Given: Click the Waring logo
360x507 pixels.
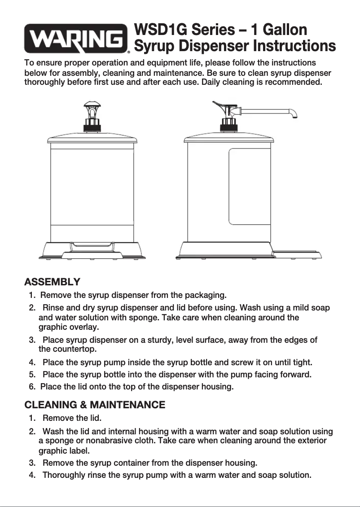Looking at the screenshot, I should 76,39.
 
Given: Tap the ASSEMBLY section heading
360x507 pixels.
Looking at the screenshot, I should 52,282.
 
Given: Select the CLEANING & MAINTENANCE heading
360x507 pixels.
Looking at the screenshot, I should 95,405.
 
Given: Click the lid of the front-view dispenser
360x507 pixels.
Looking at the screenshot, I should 92,136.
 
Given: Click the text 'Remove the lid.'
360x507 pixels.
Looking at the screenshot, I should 72,419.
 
